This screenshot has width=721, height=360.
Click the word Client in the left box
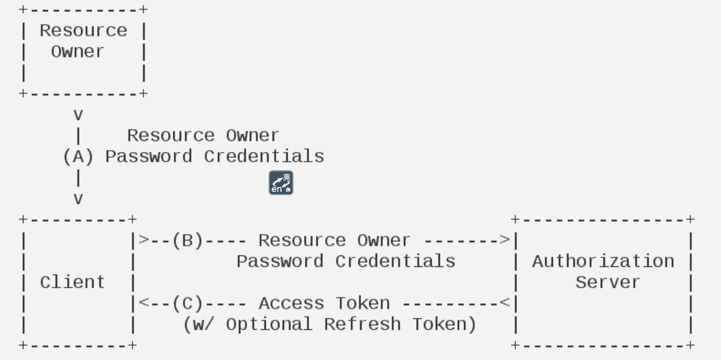pyautogui.click(x=72, y=282)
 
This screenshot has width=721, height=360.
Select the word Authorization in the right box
pyautogui.click(x=603, y=261)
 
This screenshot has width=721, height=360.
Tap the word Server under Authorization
pyautogui.click(x=608, y=282)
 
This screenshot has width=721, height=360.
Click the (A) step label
pyautogui.click(x=78, y=157)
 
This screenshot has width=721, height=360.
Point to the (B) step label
pyautogui.click(x=187, y=240)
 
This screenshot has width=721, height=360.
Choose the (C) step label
pyautogui.click(x=187, y=303)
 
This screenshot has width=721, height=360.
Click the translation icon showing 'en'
pyautogui.click(x=281, y=183)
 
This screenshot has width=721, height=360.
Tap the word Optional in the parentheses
pyautogui.click(x=269, y=325)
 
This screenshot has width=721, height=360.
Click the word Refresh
pyautogui.click(x=363, y=325)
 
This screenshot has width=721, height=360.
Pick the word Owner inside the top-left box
pyautogui.click(x=78, y=52)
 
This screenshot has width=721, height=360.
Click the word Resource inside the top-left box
pyautogui.click(x=83, y=31)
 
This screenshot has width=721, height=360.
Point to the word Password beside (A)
pyautogui.click(x=149, y=157)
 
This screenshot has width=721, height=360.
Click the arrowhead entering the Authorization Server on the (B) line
pyautogui.click(x=504, y=240)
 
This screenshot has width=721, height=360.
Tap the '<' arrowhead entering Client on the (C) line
pyautogui.click(x=144, y=303)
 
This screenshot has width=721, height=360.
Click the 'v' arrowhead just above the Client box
pyautogui.click(x=78, y=199)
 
